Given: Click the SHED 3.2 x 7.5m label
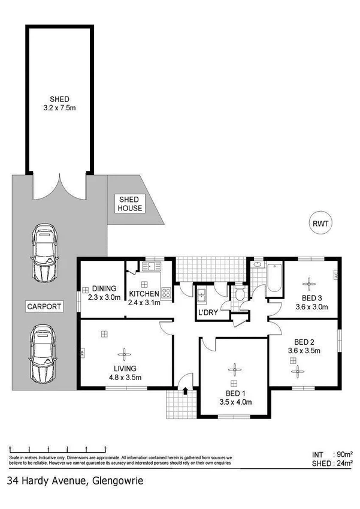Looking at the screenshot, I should click(59, 103).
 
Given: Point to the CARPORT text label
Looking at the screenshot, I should click(44, 306).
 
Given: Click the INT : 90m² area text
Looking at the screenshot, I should click(332, 454).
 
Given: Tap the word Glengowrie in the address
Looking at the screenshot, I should click(116, 480).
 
